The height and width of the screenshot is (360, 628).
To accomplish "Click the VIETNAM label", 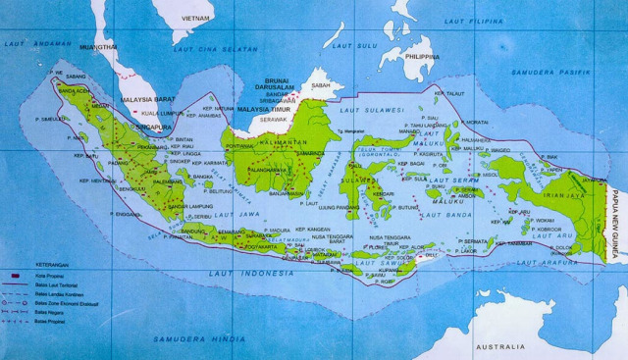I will click(x=195, y=18).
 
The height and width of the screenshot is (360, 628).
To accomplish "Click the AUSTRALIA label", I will click(x=500, y=347).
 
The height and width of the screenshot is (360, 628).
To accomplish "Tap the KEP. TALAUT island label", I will click(x=448, y=93).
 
